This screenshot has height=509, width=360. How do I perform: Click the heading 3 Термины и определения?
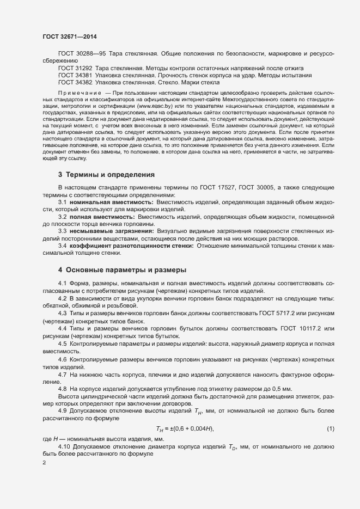click(x=106, y=175)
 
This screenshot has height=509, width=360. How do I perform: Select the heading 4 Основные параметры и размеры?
click(x=122, y=270)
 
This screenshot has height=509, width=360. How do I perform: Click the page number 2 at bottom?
click(x=45, y=463)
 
